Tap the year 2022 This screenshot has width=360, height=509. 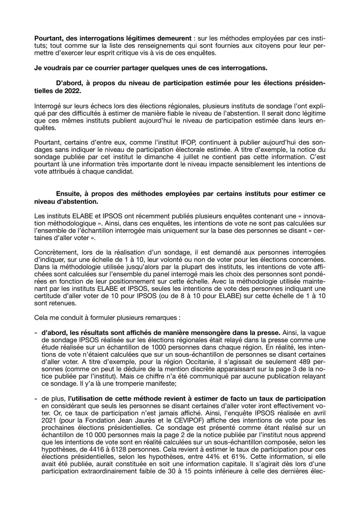[x=66, y=90]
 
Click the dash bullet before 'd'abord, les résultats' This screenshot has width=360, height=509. [x=36, y=332]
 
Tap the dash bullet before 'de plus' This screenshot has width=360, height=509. [x=36, y=399]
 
